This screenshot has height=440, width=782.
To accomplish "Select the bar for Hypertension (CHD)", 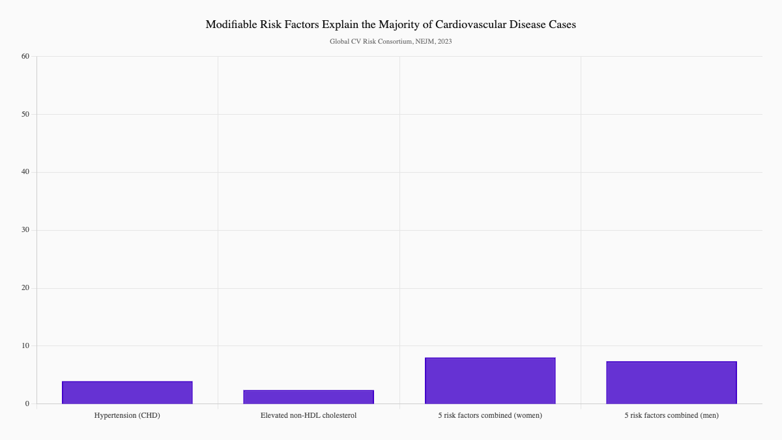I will coord(127,392).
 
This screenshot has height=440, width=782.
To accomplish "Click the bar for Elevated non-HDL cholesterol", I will coord(308,397).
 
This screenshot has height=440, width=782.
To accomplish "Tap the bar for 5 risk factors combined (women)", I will coord(490,381).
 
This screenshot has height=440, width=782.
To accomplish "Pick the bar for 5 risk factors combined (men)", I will coord(671,383).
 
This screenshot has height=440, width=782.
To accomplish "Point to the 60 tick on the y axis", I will coord(25,56).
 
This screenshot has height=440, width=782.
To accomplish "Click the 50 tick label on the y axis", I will coord(25,114).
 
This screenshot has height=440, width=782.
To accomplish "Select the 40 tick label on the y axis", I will coord(25,172).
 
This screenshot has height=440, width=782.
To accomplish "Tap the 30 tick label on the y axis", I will coord(25,230).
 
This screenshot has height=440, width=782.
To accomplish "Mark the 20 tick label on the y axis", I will coord(25,288).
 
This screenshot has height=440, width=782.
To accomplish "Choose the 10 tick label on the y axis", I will coord(25,345).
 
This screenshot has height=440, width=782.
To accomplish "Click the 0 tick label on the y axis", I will coord(27,403).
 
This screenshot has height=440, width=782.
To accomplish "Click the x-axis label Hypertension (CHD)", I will coord(127,415).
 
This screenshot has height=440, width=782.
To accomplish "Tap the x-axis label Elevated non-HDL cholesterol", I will coord(308,415).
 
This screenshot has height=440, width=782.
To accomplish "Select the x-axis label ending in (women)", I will coord(490,415).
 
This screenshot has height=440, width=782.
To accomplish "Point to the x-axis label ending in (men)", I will coord(671,415).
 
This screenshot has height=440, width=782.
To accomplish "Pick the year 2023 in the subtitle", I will coord(445,41).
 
